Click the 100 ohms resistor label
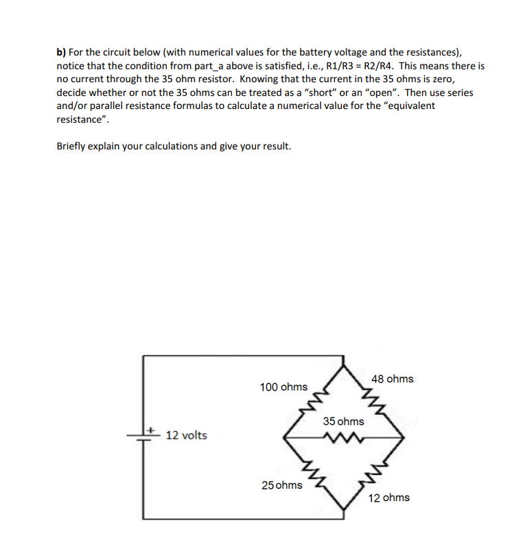pyautogui.click(x=283, y=387)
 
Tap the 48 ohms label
pyautogui.click(x=392, y=379)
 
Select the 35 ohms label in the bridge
pyautogui.click(x=343, y=422)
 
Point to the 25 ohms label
pyautogui.click(x=281, y=485)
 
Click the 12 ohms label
pyautogui.click(x=389, y=498)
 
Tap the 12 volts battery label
pyautogui.click(x=186, y=435)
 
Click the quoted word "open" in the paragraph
pyautogui.click(x=370, y=92)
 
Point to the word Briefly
pyautogui.click(x=72, y=146)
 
